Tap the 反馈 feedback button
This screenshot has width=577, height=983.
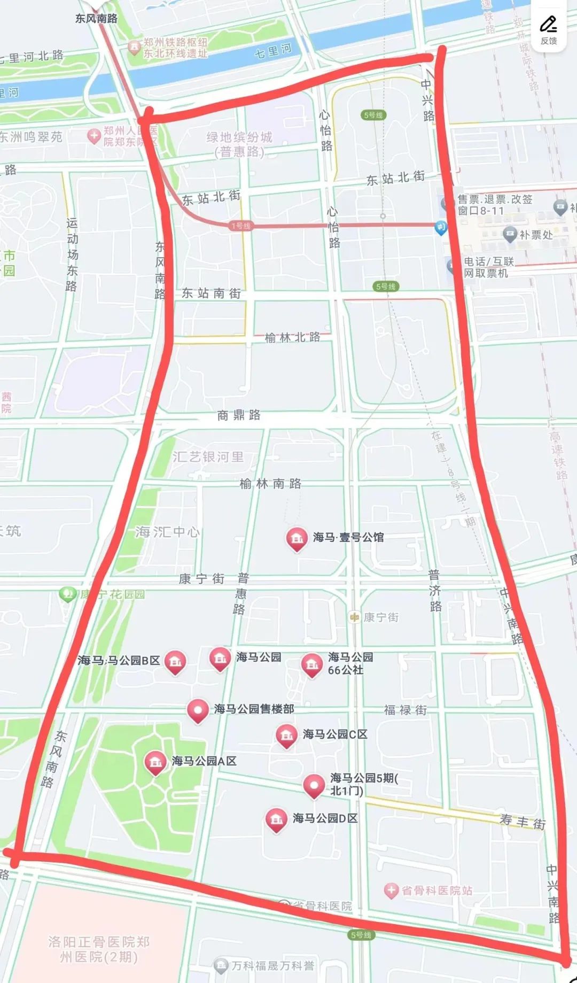click(548, 29)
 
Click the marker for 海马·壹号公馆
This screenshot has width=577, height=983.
click(296, 539)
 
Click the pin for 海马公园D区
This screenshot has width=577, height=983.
click(276, 819)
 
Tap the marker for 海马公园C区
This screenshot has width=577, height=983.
click(286, 736)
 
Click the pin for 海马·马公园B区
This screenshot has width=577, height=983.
click(175, 662)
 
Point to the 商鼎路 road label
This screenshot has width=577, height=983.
click(239, 415)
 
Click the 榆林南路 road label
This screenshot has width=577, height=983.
click(270, 484)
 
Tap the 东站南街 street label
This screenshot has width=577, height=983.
click(212, 293)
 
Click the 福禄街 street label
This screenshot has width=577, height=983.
click(405, 710)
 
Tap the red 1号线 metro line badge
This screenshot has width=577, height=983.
click(240, 226)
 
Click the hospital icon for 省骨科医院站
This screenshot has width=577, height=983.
click(392, 891)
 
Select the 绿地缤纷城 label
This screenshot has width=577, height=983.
click(239, 144)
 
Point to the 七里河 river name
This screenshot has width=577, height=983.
click(273, 51)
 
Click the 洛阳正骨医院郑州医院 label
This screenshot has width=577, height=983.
click(98, 948)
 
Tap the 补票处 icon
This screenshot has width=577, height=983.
click(510, 234)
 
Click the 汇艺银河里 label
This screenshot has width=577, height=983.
click(208, 457)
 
